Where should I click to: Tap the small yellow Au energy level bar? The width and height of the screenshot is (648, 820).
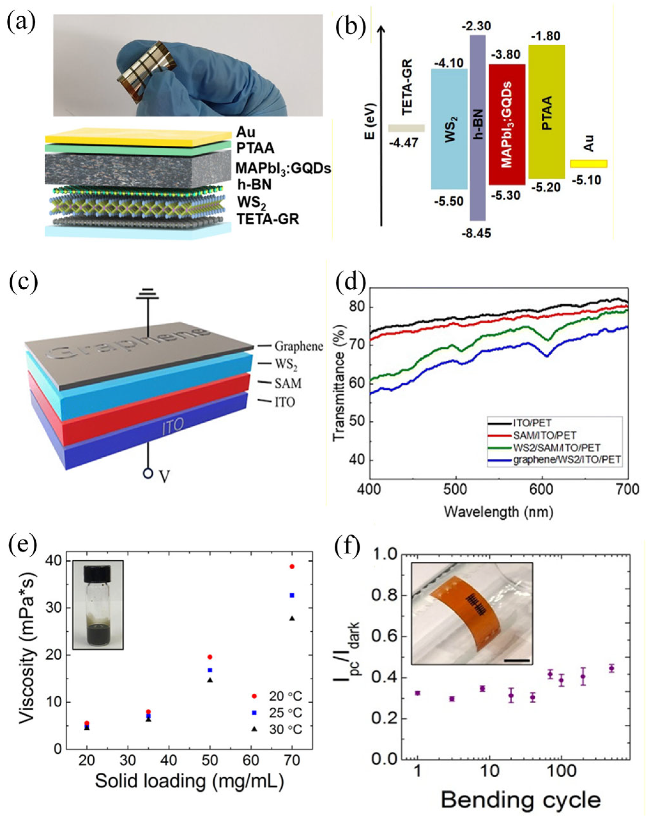[589, 163]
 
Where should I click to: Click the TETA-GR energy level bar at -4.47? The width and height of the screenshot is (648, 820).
[406, 128]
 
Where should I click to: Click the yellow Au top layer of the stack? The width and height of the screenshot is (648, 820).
[137, 135]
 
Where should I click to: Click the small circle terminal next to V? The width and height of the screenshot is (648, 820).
[148, 474]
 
